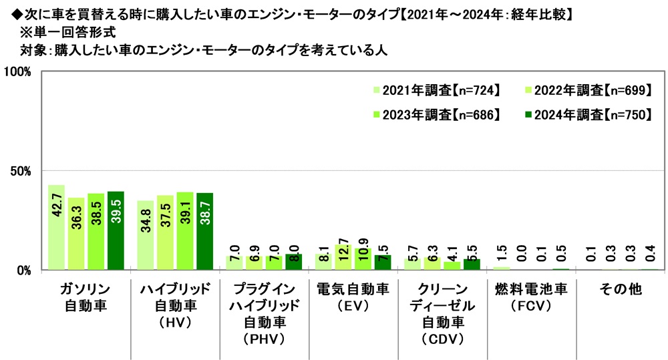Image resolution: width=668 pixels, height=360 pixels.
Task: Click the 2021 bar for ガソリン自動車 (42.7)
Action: (x=56, y=227)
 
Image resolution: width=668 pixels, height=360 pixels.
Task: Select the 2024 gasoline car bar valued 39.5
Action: (x=116, y=230)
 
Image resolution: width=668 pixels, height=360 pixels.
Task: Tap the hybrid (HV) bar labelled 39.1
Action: (x=185, y=231)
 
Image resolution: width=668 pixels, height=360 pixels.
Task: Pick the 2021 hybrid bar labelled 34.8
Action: (x=146, y=235)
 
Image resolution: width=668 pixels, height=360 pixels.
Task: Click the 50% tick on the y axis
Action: (x=21, y=171)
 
